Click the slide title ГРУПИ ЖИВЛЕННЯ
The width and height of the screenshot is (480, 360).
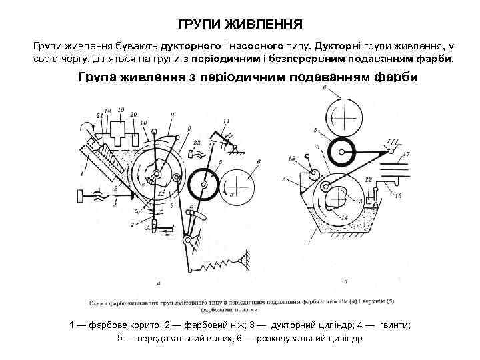click(x=240, y=25)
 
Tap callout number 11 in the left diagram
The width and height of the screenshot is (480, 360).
click(x=226, y=121)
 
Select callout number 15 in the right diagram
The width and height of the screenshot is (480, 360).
click(x=292, y=158)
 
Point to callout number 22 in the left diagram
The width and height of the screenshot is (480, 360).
click(x=197, y=143)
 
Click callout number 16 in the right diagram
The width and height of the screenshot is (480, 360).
click(x=398, y=197)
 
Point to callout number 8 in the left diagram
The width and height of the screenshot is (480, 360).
click(x=171, y=115)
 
